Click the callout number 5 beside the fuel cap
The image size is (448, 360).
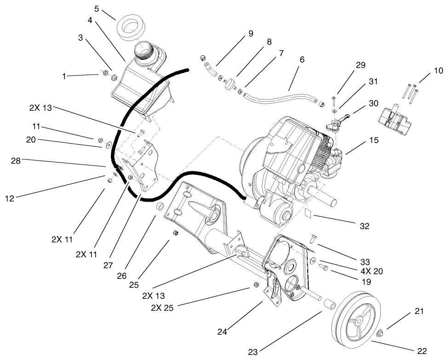[x=96, y=8]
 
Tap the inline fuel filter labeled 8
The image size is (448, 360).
[x=229, y=85]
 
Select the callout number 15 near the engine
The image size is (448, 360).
[x=373, y=140]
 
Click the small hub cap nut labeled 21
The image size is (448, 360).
[x=381, y=332]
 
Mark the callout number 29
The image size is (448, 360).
[x=360, y=65]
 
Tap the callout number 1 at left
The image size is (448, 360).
[x=64, y=75]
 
